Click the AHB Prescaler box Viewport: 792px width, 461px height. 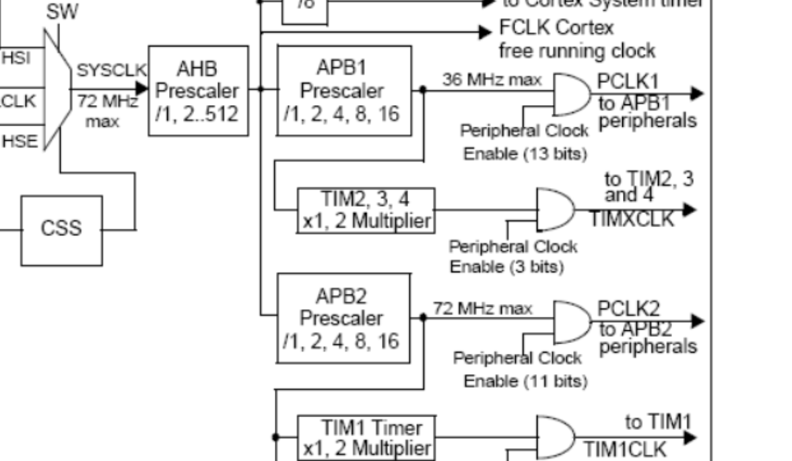[x=198, y=91]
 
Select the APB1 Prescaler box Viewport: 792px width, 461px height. [x=344, y=91]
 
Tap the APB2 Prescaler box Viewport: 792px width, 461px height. [x=344, y=318]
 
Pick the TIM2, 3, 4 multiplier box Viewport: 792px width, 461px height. [x=366, y=210]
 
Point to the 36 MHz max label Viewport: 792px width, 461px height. [x=492, y=80]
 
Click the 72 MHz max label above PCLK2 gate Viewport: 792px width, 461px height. [x=482, y=309]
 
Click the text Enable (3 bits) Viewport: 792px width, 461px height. [x=506, y=266]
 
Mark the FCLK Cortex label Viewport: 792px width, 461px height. [x=556, y=29]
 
